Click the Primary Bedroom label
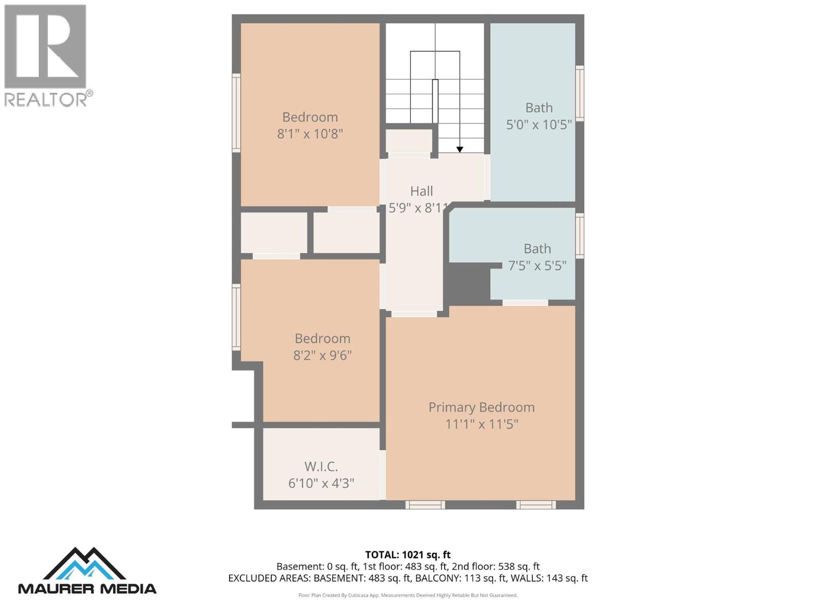[481, 407]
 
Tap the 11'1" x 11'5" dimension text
[481, 424]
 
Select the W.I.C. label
[321, 466]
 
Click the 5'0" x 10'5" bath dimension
[539, 124]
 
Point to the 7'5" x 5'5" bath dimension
[537, 266]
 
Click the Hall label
[421, 191]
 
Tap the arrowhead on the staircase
[460, 149]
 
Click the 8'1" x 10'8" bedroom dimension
[310, 134]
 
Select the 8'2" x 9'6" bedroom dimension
[322, 355]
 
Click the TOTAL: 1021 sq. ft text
[407, 554]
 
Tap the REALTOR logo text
[48, 99]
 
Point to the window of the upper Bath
[580, 93]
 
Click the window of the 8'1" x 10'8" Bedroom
[236, 113]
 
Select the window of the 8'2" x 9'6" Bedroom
[236, 317]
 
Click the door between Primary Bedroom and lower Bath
[525, 303]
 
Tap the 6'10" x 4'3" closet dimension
[321, 483]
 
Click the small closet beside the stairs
[409, 141]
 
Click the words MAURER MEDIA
[87, 589]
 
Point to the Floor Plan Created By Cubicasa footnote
[407, 595]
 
